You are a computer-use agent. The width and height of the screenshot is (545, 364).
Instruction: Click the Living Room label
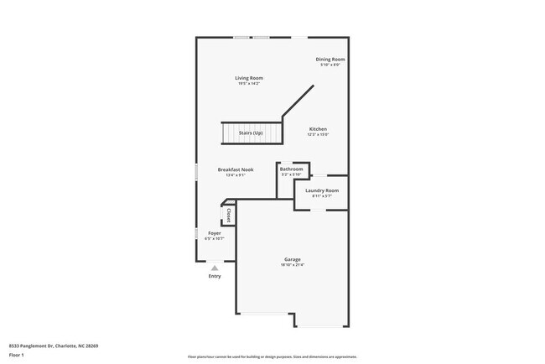click(x=250, y=78)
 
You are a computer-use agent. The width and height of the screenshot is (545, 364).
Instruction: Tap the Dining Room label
click(x=330, y=59)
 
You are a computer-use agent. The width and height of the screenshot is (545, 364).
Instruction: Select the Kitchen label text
click(x=318, y=128)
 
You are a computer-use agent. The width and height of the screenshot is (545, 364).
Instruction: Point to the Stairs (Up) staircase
click(x=249, y=133)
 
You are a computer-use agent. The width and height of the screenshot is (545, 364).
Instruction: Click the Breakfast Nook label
click(x=236, y=169)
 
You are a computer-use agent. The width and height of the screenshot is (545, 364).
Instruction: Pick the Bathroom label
click(x=291, y=169)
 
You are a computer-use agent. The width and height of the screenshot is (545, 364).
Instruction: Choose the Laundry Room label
click(x=322, y=190)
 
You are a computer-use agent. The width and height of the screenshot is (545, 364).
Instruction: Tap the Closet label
click(x=229, y=215)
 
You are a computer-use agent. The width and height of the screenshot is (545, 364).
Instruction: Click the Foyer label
click(x=215, y=233)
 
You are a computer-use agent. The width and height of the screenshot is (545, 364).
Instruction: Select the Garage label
click(x=292, y=259)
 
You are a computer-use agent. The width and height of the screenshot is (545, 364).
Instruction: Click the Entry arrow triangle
click(x=215, y=268)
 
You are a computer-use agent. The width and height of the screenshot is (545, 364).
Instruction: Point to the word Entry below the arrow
click(x=215, y=276)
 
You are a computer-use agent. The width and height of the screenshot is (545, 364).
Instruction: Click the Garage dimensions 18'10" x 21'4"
click(x=292, y=265)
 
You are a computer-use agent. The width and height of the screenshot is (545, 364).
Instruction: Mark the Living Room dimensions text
click(x=250, y=84)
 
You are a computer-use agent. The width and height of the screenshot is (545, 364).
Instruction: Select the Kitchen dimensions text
click(x=318, y=134)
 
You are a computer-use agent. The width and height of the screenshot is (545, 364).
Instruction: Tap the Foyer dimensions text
click(x=215, y=239)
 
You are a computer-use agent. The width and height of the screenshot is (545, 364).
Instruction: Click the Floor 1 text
click(x=17, y=354)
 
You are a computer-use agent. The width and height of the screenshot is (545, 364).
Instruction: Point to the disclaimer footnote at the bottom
click(x=272, y=356)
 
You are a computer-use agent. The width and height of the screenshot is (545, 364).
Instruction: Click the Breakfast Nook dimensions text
click(x=236, y=175)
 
